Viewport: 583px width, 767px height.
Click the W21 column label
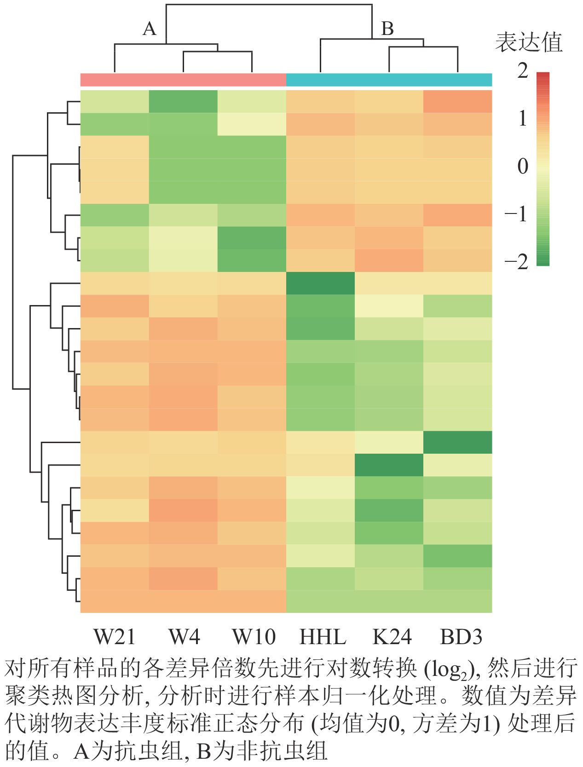(115, 637)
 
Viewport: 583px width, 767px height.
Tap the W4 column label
(184, 637)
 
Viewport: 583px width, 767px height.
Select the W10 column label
(254, 637)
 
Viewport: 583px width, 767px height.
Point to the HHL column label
(323, 637)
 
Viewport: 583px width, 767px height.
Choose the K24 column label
(391, 637)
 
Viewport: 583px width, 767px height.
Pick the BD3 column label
(461, 637)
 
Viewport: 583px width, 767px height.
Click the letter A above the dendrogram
(149, 29)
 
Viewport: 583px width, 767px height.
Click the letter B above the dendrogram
(387, 29)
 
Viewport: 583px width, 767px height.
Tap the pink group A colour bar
(183, 80)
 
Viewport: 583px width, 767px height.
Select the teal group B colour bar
(389, 80)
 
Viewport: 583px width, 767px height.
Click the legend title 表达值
(529, 43)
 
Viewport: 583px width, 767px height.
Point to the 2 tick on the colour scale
(523, 71)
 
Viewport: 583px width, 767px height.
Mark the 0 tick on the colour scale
(523, 166)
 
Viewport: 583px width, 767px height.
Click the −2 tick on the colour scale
(517, 262)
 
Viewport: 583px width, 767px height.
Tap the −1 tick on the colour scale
(517, 214)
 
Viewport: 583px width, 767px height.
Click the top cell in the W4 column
(183, 101)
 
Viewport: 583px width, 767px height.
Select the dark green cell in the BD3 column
(457, 442)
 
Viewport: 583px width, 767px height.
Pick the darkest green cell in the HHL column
(320, 283)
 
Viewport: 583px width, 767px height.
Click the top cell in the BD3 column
(457, 101)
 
